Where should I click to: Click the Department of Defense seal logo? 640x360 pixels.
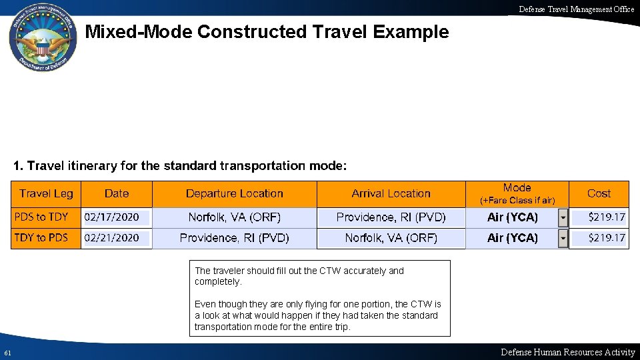tap(42, 39)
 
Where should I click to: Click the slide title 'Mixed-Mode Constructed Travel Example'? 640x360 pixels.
tap(267, 31)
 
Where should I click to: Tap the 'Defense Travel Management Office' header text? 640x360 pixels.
tap(577, 9)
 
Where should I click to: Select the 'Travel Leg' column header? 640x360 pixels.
tap(46, 193)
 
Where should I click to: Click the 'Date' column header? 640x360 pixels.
tap(117, 193)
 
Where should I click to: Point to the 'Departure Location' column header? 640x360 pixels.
tap(235, 193)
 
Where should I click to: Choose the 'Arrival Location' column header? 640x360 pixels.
tap(391, 193)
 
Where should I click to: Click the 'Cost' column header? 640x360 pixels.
tap(599, 193)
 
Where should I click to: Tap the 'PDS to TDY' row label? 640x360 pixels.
tap(41, 217)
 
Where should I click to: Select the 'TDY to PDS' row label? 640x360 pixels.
tap(41, 237)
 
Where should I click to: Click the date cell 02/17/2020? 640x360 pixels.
tap(112, 217)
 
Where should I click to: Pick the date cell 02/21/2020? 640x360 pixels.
tap(112, 237)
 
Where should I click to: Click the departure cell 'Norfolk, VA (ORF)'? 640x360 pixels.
tap(235, 217)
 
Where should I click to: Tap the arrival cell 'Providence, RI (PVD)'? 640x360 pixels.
tap(391, 217)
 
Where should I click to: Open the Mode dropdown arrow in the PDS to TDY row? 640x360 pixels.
tap(563, 217)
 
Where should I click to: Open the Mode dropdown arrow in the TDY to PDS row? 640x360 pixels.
tap(563, 238)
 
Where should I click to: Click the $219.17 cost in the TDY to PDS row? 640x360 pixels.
tap(607, 237)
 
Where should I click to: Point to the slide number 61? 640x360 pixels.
tap(7, 353)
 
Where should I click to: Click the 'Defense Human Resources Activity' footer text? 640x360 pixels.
tap(568, 352)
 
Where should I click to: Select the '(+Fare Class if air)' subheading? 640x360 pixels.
tap(517, 200)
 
